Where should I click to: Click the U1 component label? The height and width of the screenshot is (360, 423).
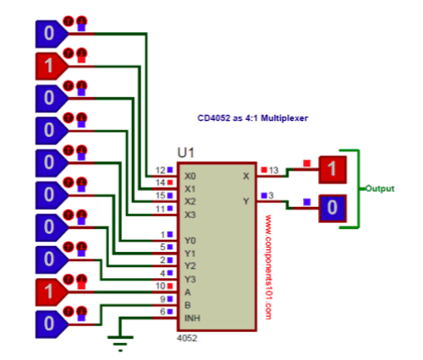tap(186, 153)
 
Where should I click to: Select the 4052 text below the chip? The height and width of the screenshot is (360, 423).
tap(187, 335)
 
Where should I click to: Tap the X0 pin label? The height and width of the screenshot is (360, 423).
tap(190, 177)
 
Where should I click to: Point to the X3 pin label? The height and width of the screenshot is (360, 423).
tap(190, 215)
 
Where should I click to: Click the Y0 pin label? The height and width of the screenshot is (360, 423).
tap(190, 240)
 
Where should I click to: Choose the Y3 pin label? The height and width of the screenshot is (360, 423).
tap(190, 279)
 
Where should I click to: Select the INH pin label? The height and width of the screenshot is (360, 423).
tap(192, 318)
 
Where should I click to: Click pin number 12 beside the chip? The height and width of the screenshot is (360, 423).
tap(160, 171)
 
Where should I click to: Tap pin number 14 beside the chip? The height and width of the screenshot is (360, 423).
tap(160, 183)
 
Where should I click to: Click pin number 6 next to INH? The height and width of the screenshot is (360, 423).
tap(162, 312)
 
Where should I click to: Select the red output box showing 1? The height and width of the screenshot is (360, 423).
tap(332, 171)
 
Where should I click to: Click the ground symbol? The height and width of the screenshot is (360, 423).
tap(118, 340)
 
